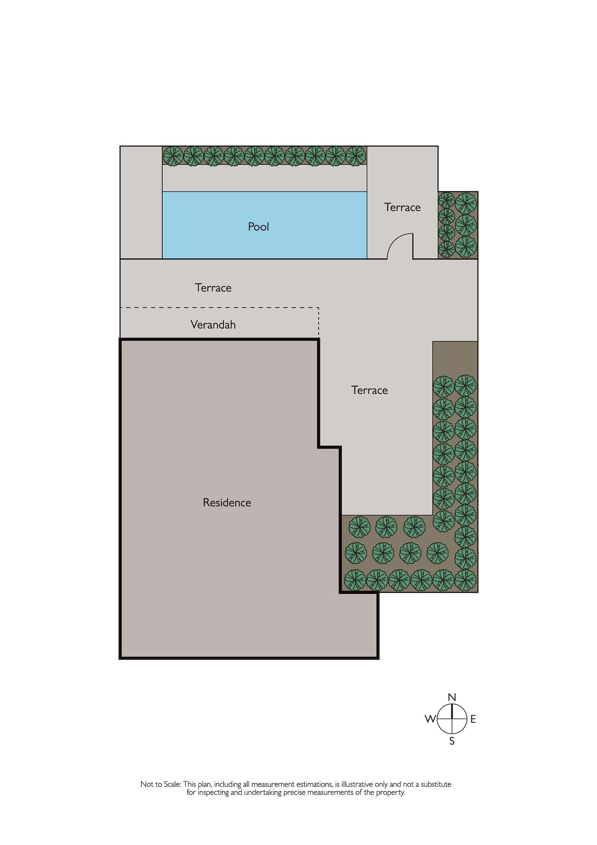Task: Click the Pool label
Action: point(258,227)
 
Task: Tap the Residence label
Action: point(227,502)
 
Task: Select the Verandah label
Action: point(213,324)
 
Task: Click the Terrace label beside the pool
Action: point(402,207)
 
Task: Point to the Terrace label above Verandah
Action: point(213,288)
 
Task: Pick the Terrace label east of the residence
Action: point(369,390)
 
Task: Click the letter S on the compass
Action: point(452,741)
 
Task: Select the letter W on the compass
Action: point(430,719)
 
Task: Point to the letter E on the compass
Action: point(473,719)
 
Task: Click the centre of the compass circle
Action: point(452,719)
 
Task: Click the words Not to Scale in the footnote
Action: point(161,785)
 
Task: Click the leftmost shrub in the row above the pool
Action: point(173,156)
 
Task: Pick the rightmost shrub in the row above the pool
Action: point(356,156)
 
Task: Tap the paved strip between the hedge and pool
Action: point(264,178)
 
